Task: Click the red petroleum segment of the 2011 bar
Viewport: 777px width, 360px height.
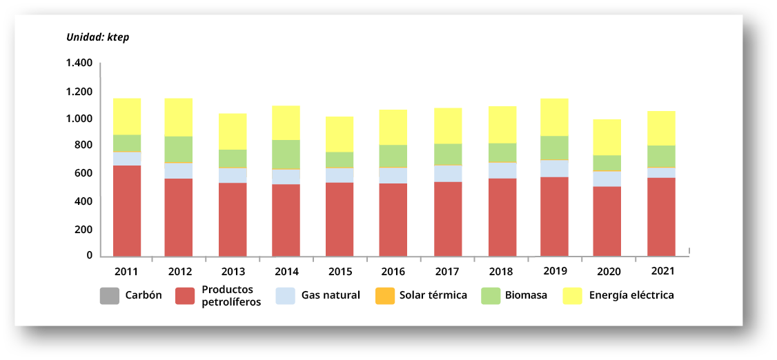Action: coord(127,211)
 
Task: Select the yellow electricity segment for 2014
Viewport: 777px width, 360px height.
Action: coord(286,123)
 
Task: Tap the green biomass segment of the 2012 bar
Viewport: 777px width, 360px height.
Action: coord(178,150)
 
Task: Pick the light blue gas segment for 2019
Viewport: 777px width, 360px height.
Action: coord(554,168)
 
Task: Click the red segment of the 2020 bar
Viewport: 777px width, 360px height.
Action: coord(607,221)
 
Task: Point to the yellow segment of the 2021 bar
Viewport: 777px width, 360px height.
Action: coord(661,128)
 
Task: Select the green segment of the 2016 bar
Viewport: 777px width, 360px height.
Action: coord(393,156)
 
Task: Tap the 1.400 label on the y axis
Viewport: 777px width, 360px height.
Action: coord(79,63)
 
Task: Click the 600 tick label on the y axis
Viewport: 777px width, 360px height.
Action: coord(83,173)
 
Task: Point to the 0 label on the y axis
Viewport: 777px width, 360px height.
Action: coord(89,255)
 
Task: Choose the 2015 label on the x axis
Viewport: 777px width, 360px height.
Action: coord(339,272)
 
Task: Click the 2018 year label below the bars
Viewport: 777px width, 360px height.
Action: coord(501,272)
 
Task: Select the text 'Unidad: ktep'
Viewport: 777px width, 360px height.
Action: coord(97,37)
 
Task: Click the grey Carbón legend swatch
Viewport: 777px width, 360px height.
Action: coord(110,296)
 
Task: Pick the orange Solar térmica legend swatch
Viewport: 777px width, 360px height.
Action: coord(384,296)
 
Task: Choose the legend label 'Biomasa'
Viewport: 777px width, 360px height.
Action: coord(526,295)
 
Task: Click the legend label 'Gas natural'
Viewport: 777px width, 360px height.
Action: coord(331,295)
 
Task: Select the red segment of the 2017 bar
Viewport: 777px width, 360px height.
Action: coord(448,219)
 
